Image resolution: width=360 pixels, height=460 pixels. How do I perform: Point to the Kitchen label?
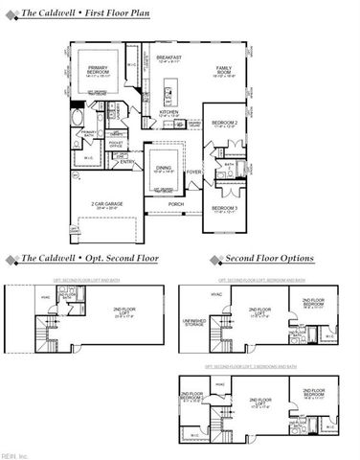pyautogui.click(x=169, y=112)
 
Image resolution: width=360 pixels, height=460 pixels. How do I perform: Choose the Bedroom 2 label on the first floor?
pyautogui.click(x=224, y=125)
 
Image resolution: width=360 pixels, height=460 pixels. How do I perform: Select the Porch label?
pyautogui.click(x=175, y=203)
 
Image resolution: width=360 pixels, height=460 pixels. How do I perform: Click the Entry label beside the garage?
pyautogui.click(x=125, y=162)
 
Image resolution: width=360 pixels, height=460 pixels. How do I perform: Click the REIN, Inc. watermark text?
pyautogui.click(x=16, y=454)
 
